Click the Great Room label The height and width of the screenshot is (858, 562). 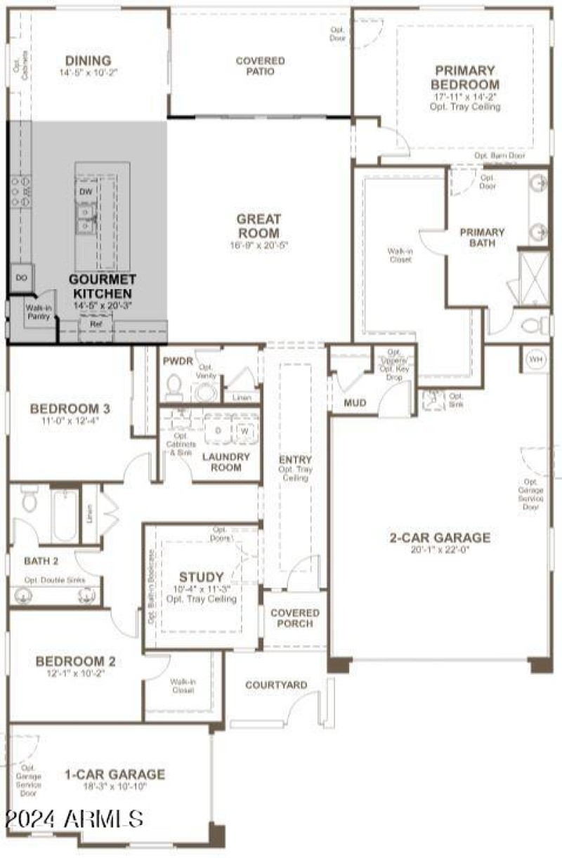point(259,226)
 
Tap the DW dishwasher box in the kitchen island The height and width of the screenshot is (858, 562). point(86,191)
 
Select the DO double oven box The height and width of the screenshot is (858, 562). point(21,278)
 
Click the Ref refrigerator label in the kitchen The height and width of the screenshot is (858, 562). point(96,324)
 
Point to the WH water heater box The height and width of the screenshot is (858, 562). point(537,359)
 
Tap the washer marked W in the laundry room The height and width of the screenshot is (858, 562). point(244,431)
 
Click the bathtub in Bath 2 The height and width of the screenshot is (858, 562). point(65,516)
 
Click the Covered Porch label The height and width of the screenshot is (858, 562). point(295,618)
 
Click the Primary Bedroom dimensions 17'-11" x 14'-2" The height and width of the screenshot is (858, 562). point(464,97)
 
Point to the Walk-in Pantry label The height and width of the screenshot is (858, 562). point(38,312)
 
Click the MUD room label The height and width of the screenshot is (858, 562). point(355,403)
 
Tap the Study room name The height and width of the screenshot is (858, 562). point(201,576)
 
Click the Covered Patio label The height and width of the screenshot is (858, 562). point(260,66)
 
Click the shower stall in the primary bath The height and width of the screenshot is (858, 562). point(534,278)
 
